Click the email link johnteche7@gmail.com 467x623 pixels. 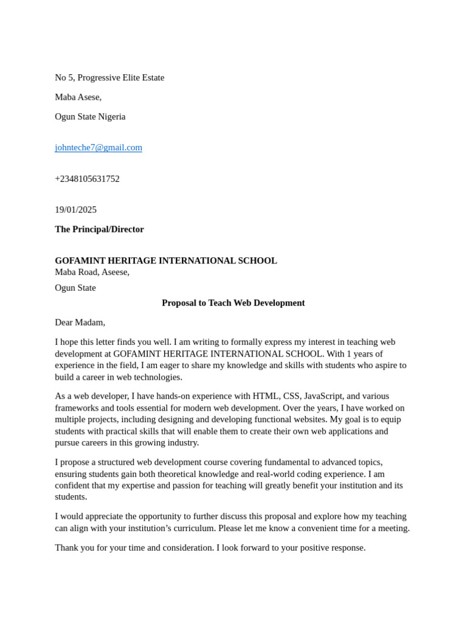click(x=99, y=147)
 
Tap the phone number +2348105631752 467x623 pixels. click(x=87, y=179)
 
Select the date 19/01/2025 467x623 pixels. click(x=75, y=210)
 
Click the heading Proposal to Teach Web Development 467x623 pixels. click(x=233, y=303)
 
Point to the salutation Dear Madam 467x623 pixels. click(x=80, y=322)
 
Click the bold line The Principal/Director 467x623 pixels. click(x=99, y=229)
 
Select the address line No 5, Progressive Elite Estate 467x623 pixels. click(x=109, y=78)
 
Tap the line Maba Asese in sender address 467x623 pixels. click(x=78, y=97)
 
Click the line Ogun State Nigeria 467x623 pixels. click(x=90, y=117)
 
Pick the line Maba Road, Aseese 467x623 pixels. click(x=92, y=272)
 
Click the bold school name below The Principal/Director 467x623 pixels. click(x=165, y=260)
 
